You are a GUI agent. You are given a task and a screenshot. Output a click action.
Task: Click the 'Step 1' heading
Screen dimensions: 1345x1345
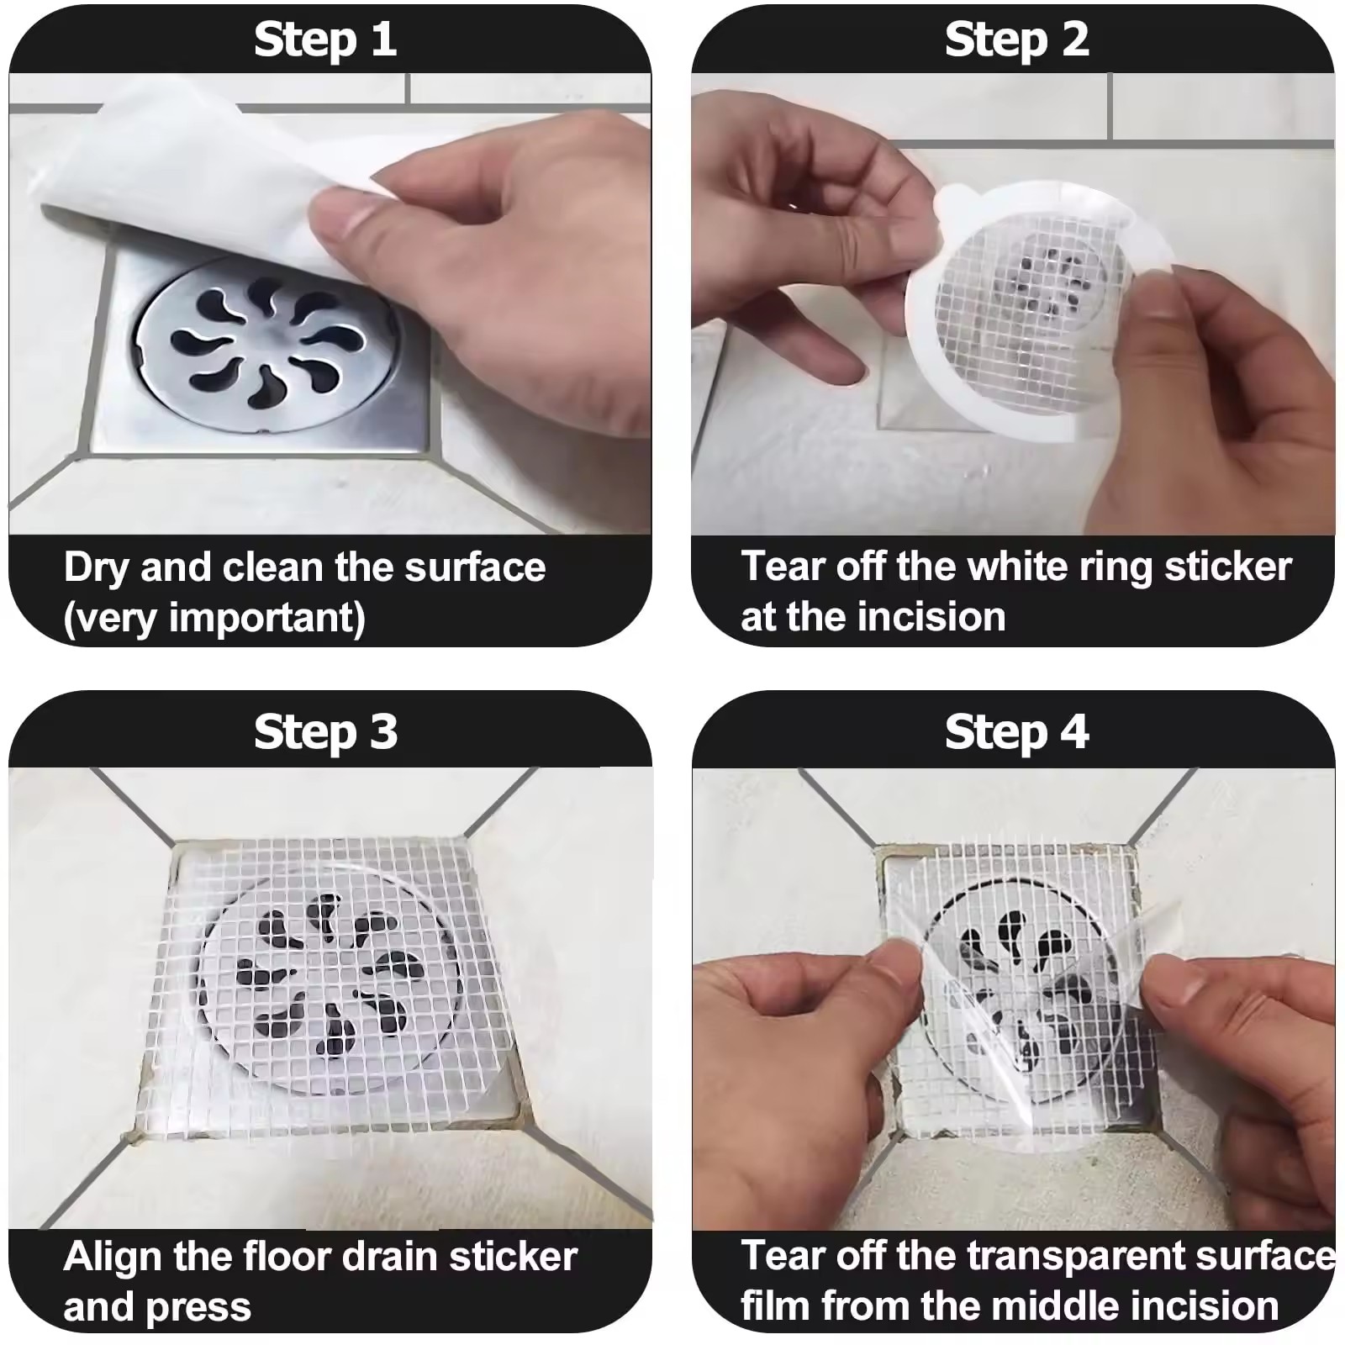point(325,40)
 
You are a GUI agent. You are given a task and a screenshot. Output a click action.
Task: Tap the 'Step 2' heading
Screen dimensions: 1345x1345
point(1016,40)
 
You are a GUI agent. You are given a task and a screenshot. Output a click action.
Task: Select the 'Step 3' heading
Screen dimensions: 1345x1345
point(325,732)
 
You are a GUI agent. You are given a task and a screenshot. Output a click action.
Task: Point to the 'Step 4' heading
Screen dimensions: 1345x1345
point(1016,732)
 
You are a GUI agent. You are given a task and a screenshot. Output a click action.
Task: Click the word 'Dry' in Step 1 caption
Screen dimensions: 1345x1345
point(98,569)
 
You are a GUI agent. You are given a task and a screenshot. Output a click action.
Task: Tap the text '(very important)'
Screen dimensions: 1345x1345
point(214,619)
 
